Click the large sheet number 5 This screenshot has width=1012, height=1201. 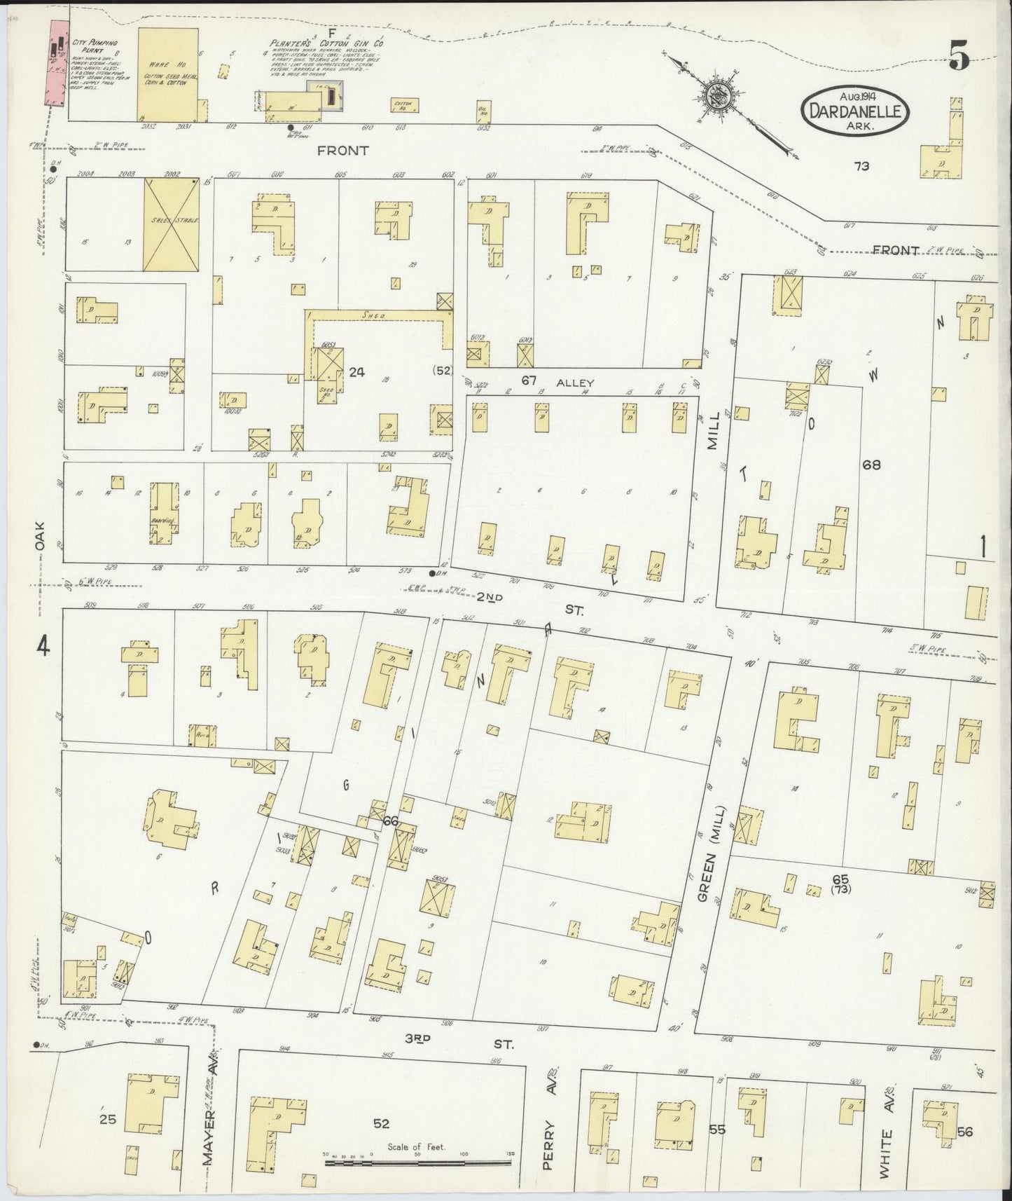pos(960,54)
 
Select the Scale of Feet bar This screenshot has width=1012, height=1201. pos(420,1162)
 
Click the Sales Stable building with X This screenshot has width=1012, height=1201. pos(171,224)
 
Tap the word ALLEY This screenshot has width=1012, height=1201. pos(575,383)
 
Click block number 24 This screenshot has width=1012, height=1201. pos(356,373)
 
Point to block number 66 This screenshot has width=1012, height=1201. pos(390,821)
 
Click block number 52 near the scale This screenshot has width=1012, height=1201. pos(380,1123)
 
